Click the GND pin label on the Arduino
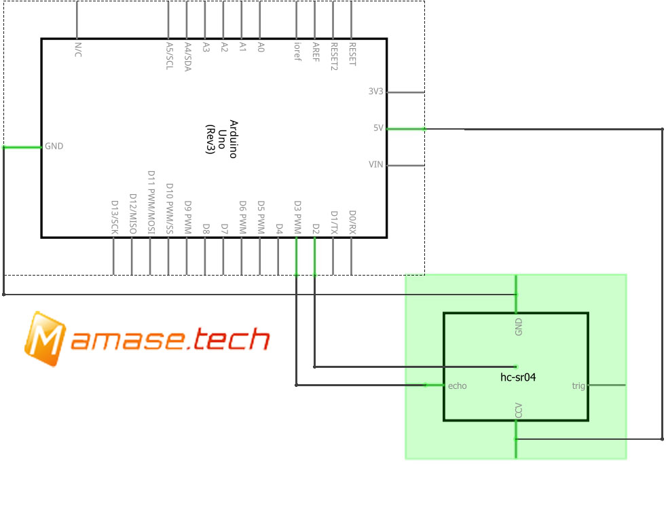(x=54, y=147)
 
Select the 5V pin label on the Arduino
(x=378, y=128)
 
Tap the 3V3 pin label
(x=375, y=92)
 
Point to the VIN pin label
(x=375, y=165)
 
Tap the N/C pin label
(x=77, y=50)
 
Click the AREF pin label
(x=316, y=52)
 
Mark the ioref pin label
(x=297, y=52)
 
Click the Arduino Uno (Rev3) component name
(x=222, y=138)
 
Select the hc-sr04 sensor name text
(x=518, y=376)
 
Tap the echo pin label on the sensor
(x=458, y=386)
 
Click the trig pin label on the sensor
(x=578, y=386)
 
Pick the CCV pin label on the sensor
(x=519, y=411)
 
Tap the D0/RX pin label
(x=352, y=222)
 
